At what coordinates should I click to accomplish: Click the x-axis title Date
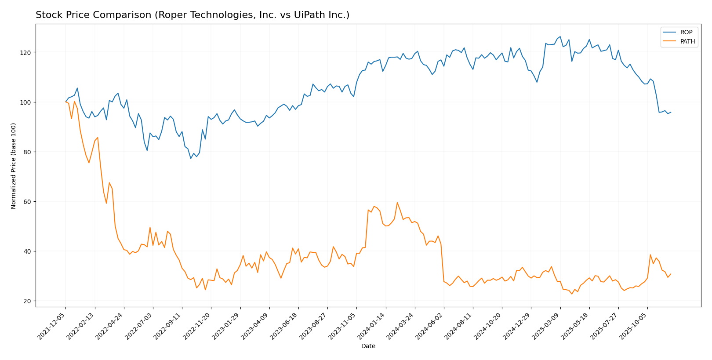368,346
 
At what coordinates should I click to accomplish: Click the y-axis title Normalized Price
14,166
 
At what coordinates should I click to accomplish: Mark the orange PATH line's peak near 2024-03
397,203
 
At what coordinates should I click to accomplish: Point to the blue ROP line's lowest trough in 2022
191,158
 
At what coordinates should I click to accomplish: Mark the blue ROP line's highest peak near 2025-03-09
560,37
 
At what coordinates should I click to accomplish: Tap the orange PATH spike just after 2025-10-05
650,255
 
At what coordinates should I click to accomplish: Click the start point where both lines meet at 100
65,102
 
